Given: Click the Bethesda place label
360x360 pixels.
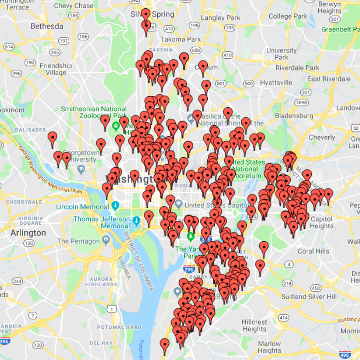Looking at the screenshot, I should click(47, 26).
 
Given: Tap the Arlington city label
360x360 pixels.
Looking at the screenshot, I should click(28, 233).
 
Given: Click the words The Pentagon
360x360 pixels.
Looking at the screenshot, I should click(78, 241).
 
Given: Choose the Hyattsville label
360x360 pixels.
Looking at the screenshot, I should click(276, 83).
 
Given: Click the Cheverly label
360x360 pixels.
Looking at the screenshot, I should click(322, 137).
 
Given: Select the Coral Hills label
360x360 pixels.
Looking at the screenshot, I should click(313, 251).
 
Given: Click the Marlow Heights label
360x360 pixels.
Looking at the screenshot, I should click(269, 347).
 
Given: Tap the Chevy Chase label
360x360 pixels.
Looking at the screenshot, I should click(73, 6).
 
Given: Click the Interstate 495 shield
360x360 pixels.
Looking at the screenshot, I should click(345, 354).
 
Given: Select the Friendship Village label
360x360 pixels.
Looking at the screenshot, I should click(55, 69).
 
